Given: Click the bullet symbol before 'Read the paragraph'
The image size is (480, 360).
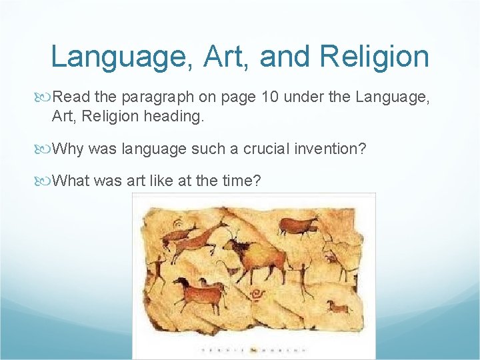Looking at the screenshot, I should pyautogui.click(x=45, y=97).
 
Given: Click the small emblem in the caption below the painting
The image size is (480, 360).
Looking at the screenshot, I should pyautogui.click(x=253, y=349).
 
